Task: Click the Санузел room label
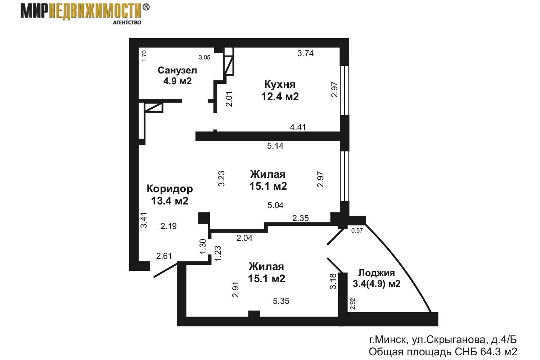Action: (177, 70)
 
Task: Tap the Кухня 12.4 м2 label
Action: (280, 90)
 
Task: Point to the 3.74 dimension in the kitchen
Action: (305, 54)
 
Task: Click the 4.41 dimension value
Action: (298, 127)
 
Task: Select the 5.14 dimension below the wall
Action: (275, 146)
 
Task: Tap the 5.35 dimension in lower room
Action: (281, 301)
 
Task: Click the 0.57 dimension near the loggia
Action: (357, 231)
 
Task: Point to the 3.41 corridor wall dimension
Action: (144, 220)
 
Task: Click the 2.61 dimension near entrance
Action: (164, 256)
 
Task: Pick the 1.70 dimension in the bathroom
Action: (144, 55)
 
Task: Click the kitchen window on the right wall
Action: (345, 90)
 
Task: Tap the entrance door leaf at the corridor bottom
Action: (166, 271)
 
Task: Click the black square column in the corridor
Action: (204, 219)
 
